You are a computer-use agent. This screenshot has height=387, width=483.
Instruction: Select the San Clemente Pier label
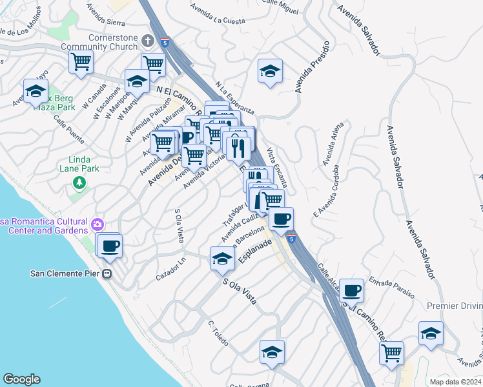coord(66,273)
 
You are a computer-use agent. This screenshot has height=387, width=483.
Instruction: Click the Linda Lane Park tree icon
coord(79,183)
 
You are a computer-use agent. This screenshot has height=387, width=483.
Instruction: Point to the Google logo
coord(21,379)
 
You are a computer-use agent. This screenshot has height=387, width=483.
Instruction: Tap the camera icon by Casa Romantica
coord(98,224)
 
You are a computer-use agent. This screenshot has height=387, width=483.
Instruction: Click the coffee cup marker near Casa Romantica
coord(110,245)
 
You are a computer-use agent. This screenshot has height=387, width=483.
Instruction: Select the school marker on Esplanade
coord(221,259)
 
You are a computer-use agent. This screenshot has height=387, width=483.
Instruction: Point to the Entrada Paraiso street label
coord(392,288)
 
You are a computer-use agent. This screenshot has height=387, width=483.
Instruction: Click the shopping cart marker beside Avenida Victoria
coord(194,155)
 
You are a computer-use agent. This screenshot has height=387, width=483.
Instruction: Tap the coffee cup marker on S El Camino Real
coord(352,290)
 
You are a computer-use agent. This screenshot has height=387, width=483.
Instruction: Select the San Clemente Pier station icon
coord(107,273)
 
